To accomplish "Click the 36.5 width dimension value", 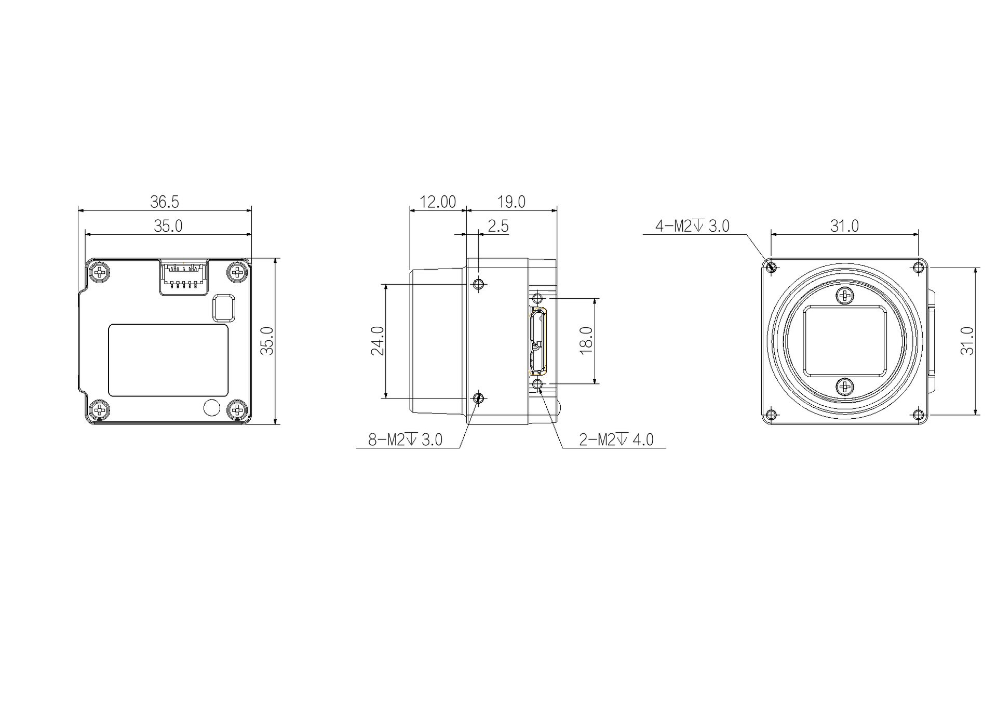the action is pos(165,202).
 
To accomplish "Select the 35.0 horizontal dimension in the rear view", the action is pos(168,226).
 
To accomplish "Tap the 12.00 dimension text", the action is pos(438,202).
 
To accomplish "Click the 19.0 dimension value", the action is pos(511,202).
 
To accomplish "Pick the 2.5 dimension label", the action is pos(498,226).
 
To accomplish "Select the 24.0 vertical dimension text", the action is pos(378,341).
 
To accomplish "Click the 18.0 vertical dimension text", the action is pos(586,341).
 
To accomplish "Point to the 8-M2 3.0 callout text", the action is pos(406,440).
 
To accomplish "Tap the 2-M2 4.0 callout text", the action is pos(616,440).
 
